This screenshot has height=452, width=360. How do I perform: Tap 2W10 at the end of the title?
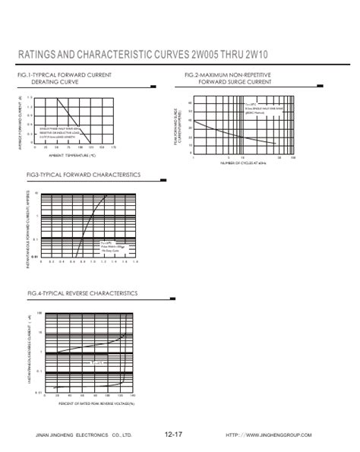320,55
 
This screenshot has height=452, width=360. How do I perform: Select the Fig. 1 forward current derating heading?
70,78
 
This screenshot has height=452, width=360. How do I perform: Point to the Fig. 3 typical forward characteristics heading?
84,175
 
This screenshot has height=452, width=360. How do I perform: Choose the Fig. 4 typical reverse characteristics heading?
82,292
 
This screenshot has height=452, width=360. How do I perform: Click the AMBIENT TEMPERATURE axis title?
73,156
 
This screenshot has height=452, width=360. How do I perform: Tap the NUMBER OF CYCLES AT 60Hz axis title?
244,163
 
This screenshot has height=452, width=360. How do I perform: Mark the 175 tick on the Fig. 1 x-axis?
113,147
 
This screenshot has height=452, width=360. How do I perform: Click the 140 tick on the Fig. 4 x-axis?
132,396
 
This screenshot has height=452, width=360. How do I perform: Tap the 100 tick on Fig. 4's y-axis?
39,313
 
